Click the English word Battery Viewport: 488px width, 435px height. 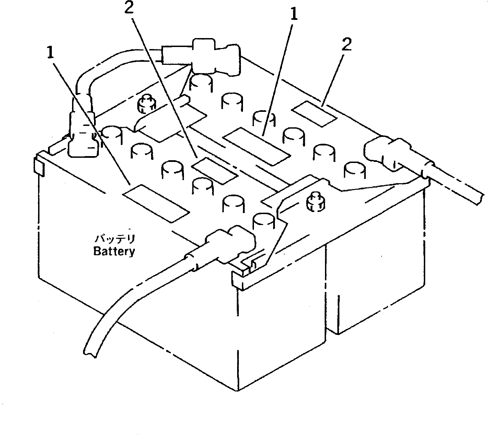coord(114,251)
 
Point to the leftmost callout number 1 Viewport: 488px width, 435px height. coord(51,52)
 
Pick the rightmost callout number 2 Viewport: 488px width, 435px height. coord(347,46)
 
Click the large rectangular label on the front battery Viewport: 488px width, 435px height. coord(156,202)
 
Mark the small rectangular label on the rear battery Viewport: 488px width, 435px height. coord(314,114)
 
